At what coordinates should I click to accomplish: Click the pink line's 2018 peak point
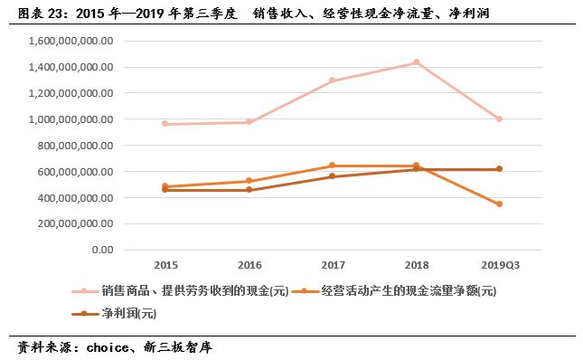[416, 62]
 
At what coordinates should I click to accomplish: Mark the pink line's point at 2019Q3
[499, 118]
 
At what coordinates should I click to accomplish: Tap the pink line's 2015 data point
[165, 124]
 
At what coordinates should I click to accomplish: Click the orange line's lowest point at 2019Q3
[499, 204]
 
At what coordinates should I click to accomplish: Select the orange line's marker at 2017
[333, 166]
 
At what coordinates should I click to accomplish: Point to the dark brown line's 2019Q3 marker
[499, 169]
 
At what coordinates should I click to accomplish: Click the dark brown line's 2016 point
[249, 190]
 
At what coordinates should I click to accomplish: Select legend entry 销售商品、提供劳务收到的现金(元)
[185, 291]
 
